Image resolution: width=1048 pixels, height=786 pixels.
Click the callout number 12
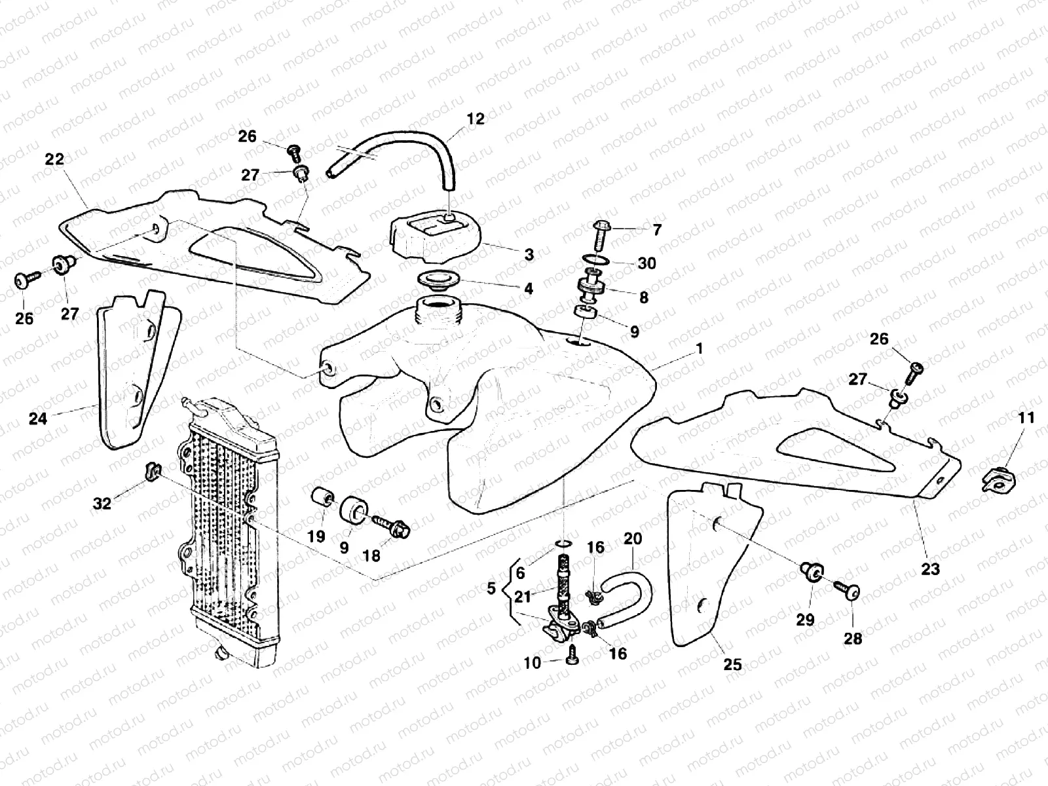476,119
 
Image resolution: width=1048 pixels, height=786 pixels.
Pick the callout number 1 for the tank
699,348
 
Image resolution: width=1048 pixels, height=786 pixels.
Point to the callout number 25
732,664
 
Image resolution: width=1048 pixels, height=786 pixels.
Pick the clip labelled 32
151,470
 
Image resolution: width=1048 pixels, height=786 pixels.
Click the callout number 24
38,417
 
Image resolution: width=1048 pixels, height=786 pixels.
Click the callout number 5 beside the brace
492,588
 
